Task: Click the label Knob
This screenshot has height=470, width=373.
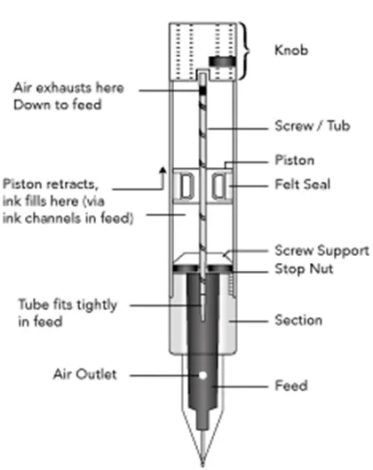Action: coord(291,50)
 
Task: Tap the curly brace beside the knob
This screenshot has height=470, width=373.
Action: coord(245,51)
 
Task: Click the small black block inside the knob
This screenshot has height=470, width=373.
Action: coord(222,61)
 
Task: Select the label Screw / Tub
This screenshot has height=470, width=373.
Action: coord(313,125)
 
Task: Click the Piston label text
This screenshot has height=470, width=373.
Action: coord(295,160)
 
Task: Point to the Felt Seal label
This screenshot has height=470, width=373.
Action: coord(303,184)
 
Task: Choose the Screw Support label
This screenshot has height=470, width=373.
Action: coord(321,251)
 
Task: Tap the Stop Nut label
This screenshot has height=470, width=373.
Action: coord(304,268)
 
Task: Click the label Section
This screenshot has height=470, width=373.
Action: coord(298,320)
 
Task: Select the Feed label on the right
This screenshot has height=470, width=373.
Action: coord(291,386)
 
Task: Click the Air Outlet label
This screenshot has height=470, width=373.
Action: coord(85,374)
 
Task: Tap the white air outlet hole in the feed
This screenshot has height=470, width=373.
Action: coord(202,375)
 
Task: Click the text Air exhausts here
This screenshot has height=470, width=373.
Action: coord(68,88)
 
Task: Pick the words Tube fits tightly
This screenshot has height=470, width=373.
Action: coord(67,305)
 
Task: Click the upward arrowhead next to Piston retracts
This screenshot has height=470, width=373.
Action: coord(163,171)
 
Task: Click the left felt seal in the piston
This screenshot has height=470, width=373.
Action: coord(186,186)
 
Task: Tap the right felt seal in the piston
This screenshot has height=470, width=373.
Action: coord(219,186)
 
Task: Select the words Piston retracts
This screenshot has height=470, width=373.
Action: coord(51,184)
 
